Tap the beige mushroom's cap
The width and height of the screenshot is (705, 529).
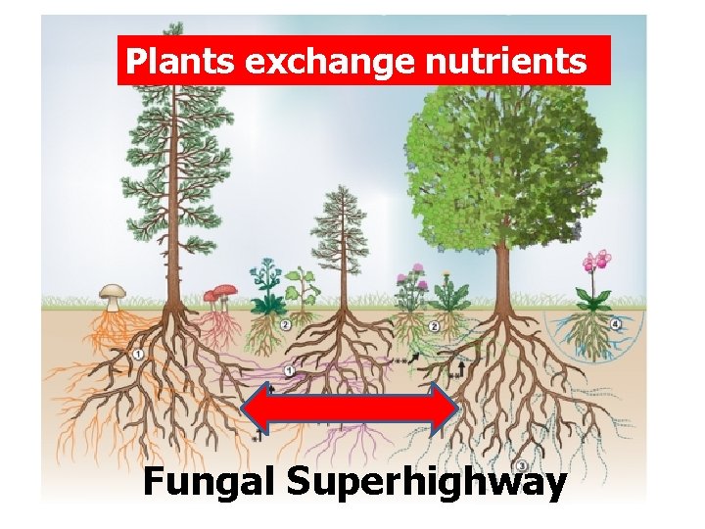click(x=114, y=291)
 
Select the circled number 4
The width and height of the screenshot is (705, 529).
click(x=616, y=323)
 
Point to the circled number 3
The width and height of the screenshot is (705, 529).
click(x=523, y=463)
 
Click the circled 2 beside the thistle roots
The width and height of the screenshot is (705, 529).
click(x=434, y=326)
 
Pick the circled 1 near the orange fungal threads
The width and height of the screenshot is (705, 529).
click(x=139, y=354)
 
